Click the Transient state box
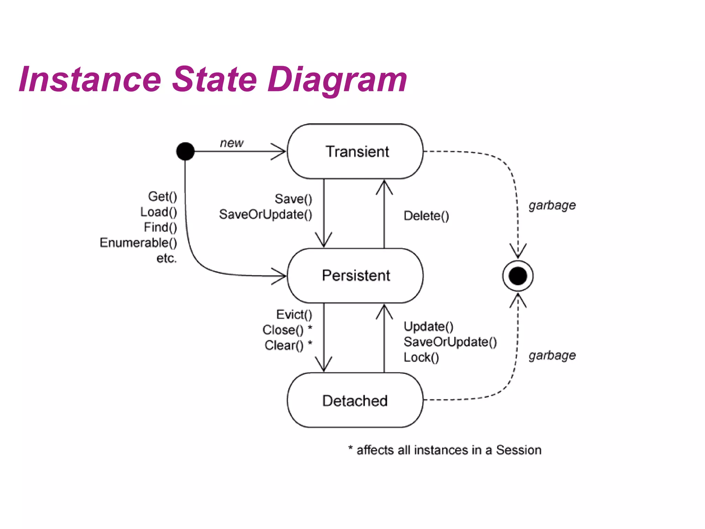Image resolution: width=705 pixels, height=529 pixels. click(x=355, y=152)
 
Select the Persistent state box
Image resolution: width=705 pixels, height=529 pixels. click(x=355, y=276)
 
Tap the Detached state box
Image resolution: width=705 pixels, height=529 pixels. click(x=355, y=400)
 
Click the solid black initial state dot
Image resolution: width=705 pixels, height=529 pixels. click(x=185, y=151)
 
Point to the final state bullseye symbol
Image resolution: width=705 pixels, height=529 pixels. click(x=518, y=276)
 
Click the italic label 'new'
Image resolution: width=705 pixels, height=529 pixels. click(x=232, y=143)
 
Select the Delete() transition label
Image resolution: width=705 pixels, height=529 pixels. click(x=426, y=216)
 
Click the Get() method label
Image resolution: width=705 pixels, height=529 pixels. click(x=162, y=196)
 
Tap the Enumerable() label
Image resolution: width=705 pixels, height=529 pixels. click(x=138, y=243)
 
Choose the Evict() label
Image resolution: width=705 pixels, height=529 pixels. click(x=294, y=314)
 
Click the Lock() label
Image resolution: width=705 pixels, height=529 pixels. click(x=421, y=357)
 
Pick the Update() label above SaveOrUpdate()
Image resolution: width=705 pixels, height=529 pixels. click(x=428, y=326)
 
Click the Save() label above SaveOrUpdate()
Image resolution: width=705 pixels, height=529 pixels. click(x=293, y=199)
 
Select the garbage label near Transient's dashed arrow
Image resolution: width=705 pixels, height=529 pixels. click(x=552, y=205)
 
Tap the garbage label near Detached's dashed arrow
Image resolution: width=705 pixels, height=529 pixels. click(x=552, y=355)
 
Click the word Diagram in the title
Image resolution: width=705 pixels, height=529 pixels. click(x=337, y=80)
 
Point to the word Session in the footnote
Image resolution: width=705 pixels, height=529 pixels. click(x=518, y=450)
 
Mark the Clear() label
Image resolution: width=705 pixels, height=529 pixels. click(x=284, y=345)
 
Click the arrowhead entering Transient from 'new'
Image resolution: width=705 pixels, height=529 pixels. click(x=281, y=151)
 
